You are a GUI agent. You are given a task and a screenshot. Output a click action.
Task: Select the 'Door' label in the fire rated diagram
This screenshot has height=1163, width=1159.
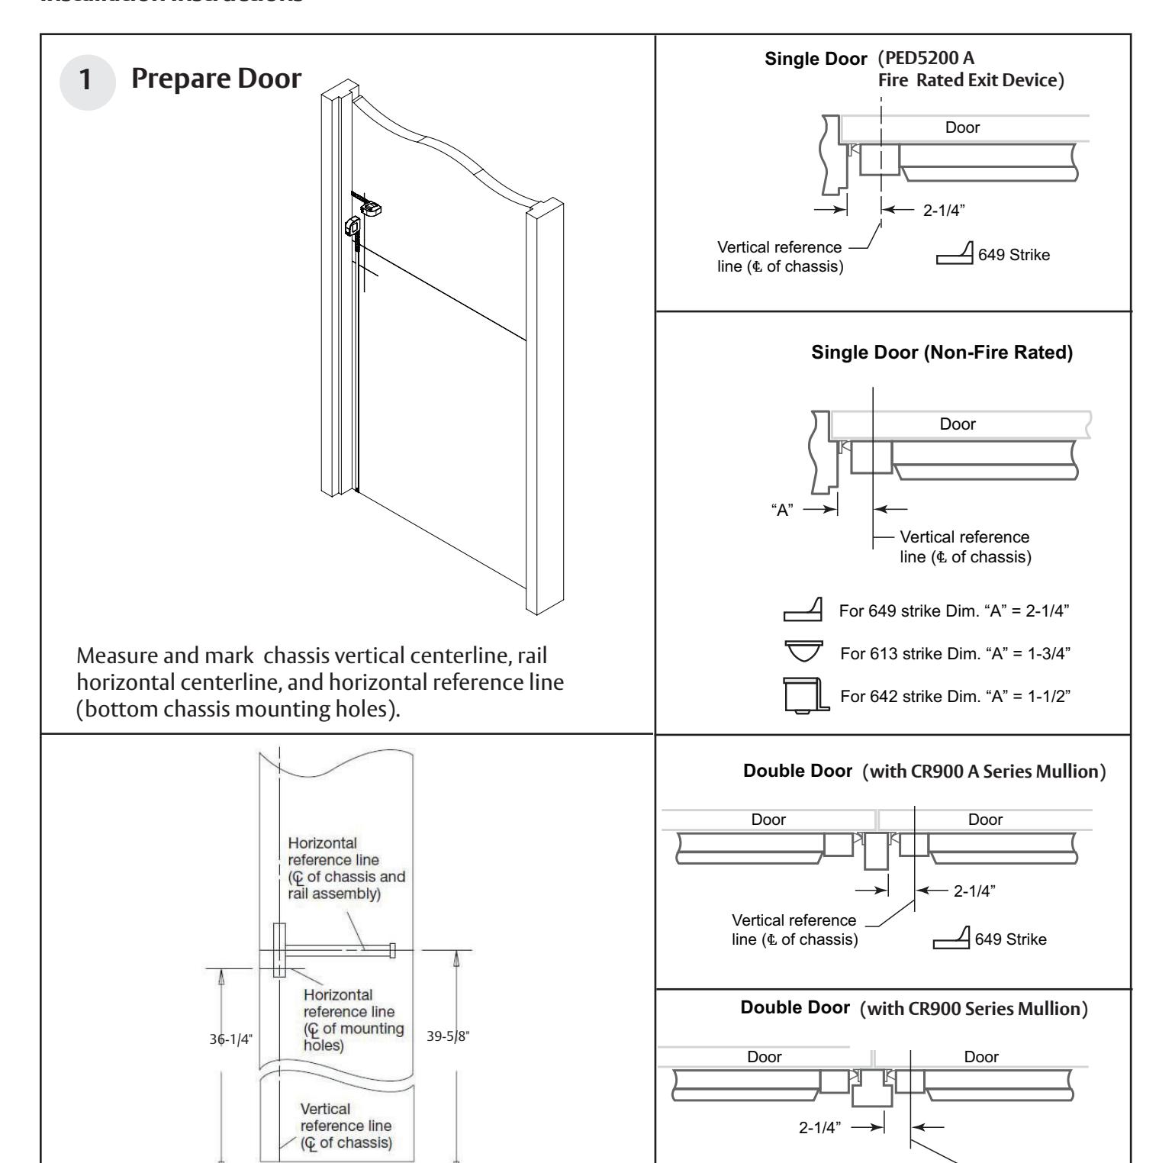click(x=962, y=127)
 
